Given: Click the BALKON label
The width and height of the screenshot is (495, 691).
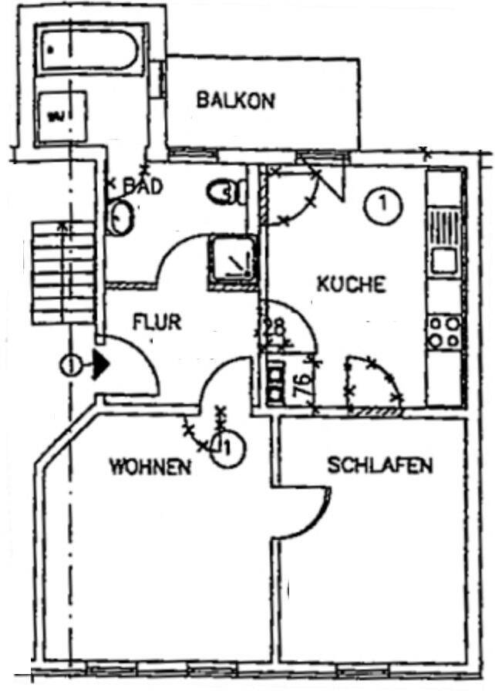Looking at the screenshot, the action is tap(235, 100).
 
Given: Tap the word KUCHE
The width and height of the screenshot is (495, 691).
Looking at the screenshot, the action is tap(351, 284).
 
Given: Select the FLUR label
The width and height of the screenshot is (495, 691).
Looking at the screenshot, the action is tap(157, 321).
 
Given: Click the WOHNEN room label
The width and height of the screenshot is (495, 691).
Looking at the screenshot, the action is tap(150, 467).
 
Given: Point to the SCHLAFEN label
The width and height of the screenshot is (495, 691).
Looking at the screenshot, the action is tap(380, 466).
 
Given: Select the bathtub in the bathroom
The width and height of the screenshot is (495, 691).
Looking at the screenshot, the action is tap(89, 51).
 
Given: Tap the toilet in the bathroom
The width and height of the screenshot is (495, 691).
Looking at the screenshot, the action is tap(226, 190).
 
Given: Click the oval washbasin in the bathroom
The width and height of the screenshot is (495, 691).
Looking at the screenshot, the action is tap(120, 217).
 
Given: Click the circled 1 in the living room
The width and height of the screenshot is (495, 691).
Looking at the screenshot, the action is tap(226, 447).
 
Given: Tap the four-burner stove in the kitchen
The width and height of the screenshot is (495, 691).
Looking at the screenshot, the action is tap(446, 332).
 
